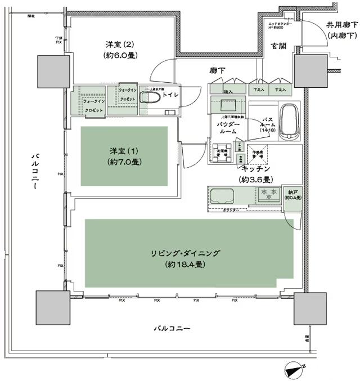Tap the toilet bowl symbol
click(x=151, y=97)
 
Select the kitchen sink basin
click(x=224, y=198)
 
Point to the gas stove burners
click(x=267, y=195)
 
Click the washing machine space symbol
click(x=222, y=154)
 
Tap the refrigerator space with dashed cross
click(x=258, y=154)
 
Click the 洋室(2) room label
click(x=119, y=44)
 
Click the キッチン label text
click(x=256, y=169)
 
